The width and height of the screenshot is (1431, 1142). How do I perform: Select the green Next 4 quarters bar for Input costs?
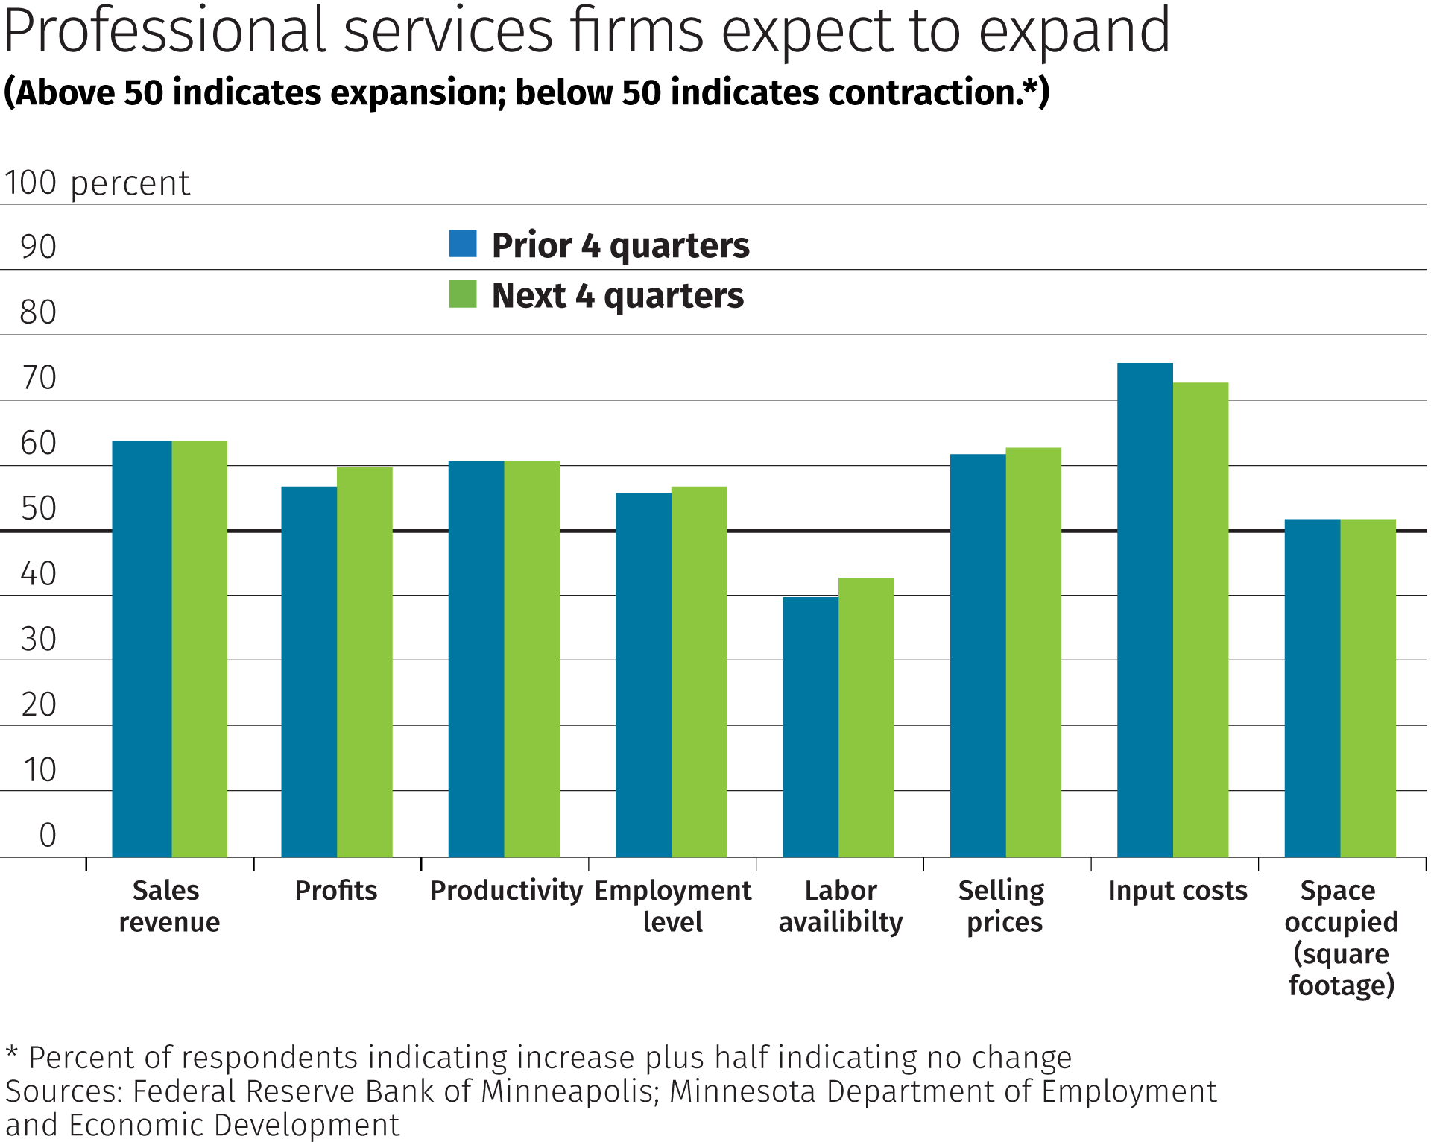pyautogui.click(x=1201, y=619)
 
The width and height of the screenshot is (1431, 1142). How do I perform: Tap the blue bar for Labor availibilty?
pyautogui.click(x=810, y=727)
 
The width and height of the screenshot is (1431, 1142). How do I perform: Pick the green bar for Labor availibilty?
pyautogui.click(x=866, y=717)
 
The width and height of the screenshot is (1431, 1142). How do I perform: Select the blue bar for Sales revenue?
pyautogui.click(x=142, y=649)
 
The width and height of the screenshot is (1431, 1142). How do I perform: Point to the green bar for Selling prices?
pyautogui.click(x=1033, y=652)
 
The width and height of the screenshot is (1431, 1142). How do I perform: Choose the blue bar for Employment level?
pyautogui.click(x=643, y=675)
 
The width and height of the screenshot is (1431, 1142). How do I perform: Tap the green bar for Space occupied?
pyautogui.click(x=1368, y=688)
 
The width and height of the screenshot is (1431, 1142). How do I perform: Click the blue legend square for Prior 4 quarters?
pyautogui.click(x=463, y=244)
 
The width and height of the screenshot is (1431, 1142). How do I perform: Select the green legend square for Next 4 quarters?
pyautogui.click(x=463, y=294)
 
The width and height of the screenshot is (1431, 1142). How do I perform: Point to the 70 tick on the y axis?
pyautogui.click(x=39, y=378)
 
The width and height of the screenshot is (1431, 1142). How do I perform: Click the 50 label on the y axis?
pyautogui.click(x=39, y=508)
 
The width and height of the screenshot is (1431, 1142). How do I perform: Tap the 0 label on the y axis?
pyautogui.click(x=48, y=835)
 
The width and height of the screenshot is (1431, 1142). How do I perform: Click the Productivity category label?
pyautogui.click(x=506, y=890)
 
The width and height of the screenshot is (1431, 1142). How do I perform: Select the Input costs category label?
pyautogui.click(x=1177, y=890)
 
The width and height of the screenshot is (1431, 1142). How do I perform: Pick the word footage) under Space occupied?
pyautogui.click(x=1341, y=985)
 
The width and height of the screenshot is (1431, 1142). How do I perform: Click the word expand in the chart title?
pyautogui.click(x=1074, y=31)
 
